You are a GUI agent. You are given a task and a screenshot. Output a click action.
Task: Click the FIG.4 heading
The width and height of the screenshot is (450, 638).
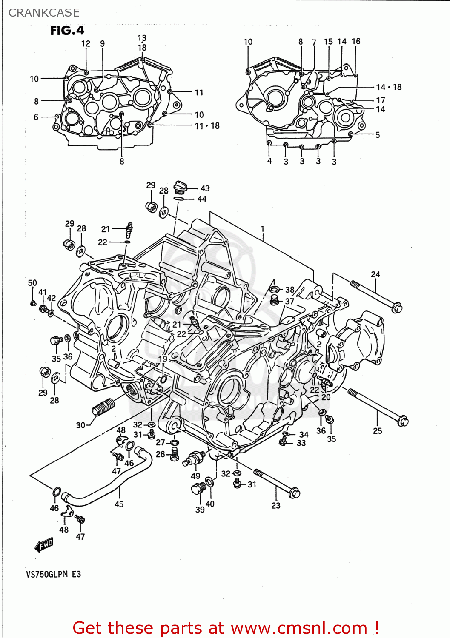point(67,31)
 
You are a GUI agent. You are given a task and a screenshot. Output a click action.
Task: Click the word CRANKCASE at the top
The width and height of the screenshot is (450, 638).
point(44,13)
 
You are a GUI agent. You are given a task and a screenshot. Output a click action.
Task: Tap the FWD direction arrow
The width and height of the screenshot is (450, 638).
point(44,545)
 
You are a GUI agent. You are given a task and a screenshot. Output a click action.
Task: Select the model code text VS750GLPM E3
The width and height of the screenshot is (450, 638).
point(53,574)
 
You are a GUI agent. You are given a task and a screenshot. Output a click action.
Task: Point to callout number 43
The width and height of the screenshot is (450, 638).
point(205,188)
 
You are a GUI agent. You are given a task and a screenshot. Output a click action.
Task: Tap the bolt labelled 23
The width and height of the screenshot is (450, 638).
point(277,483)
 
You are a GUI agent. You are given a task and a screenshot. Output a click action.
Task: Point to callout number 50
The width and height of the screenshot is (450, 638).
point(32,283)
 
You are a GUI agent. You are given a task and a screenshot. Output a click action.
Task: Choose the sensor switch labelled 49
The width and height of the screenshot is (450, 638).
point(195,459)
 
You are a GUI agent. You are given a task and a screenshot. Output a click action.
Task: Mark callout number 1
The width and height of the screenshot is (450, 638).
point(263,229)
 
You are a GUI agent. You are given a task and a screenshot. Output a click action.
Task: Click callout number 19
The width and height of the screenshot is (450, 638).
point(163,359)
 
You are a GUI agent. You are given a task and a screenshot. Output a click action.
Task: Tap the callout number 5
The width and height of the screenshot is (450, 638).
point(377,135)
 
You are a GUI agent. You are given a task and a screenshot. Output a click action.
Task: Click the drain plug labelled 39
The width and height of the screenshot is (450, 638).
point(197,489)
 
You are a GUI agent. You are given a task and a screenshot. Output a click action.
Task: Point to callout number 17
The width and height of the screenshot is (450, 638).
point(381,100)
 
